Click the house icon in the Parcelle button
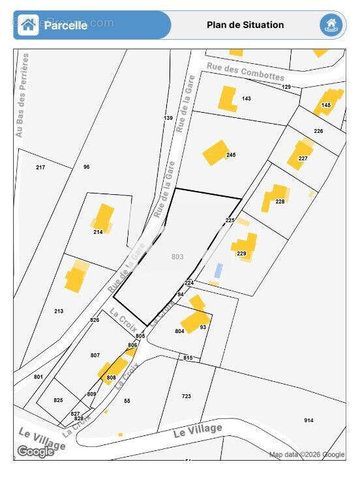click(28, 25)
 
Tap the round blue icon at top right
click(331, 25)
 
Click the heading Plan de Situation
click(245, 25)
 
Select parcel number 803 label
click(177, 257)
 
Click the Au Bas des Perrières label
click(23, 95)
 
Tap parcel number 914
click(308, 420)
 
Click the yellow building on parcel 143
click(228, 98)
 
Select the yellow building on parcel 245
click(215, 152)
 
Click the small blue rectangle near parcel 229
click(219, 270)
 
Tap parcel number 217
click(40, 168)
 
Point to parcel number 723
click(187, 396)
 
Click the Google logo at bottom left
click(35, 452)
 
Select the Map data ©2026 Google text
click(307, 454)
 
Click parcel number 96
click(86, 167)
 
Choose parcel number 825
click(58, 400)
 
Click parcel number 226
click(318, 131)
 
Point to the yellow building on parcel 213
click(76, 278)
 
